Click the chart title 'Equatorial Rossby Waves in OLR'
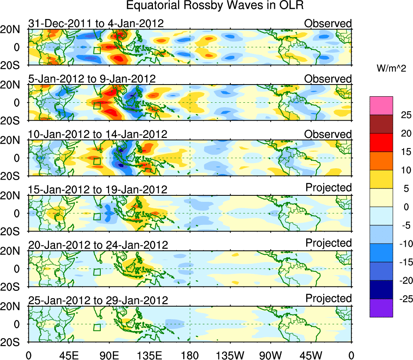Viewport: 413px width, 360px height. pos(215,6)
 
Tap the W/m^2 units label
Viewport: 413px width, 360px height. pos(392,69)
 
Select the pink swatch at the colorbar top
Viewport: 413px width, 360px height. pos(381,106)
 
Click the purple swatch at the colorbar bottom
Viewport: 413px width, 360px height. pos(381,308)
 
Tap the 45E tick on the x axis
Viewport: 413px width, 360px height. pos(69,356)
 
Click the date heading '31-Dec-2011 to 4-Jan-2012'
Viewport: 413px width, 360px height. pos(96,23)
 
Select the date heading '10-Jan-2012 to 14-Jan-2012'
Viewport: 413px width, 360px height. pos(97,134)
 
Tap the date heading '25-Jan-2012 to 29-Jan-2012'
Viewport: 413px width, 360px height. pos(98,301)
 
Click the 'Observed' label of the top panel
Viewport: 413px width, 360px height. pos(328,23)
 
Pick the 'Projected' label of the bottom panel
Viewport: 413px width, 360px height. pos(328,299)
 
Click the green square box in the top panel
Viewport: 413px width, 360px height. pos(97,50)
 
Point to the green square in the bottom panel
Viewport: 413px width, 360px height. pos(97,327)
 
